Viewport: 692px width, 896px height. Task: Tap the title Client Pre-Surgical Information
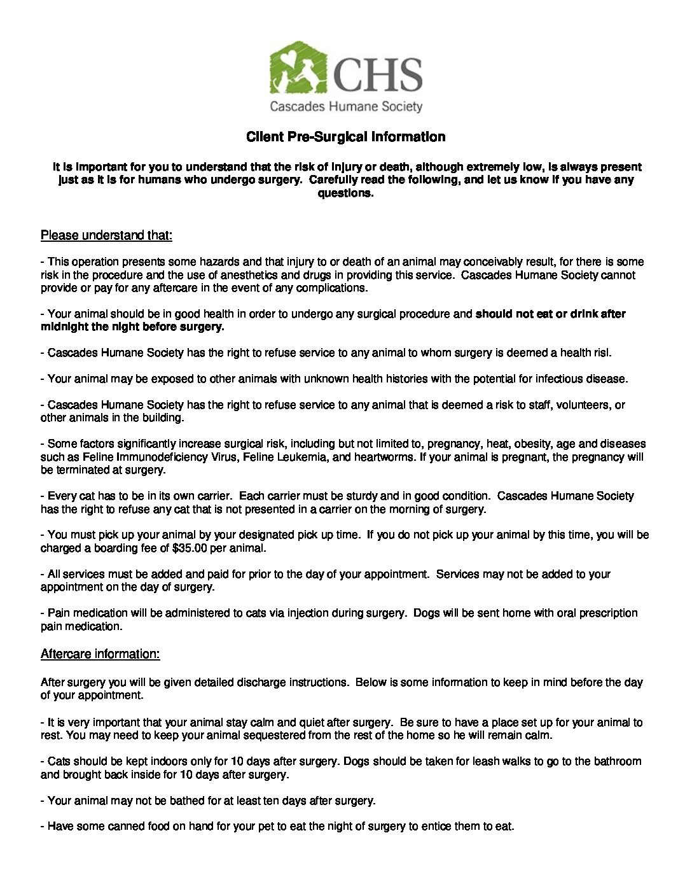[x=345, y=137]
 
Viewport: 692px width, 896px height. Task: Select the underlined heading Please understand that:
[x=106, y=235]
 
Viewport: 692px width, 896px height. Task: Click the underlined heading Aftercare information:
[x=100, y=654]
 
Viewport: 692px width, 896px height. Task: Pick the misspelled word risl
[x=602, y=353]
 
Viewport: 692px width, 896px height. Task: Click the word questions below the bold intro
[x=345, y=193]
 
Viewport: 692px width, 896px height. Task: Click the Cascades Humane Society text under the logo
[x=345, y=106]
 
